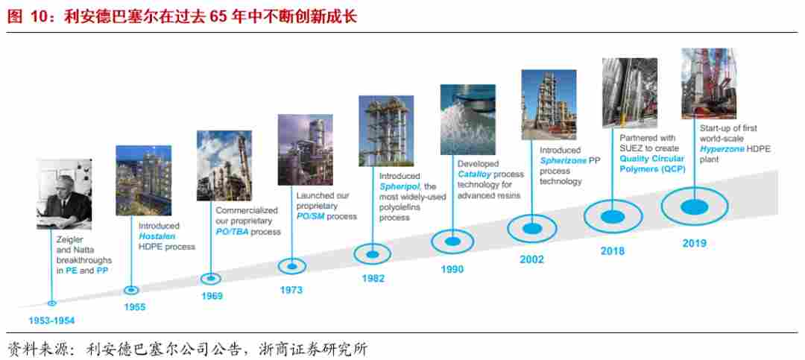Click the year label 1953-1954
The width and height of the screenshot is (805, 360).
[x=52, y=320]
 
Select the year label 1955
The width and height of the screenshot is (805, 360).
[x=135, y=306]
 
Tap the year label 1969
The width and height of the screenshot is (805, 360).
[x=212, y=296]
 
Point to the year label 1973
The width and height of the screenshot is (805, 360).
[x=291, y=290]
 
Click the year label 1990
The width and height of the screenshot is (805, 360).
[x=452, y=269]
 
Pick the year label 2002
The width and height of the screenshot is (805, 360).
[x=531, y=259]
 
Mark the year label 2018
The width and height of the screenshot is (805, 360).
[x=613, y=251]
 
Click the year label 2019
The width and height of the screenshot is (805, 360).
[x=694, y=243]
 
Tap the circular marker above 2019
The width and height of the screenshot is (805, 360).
[x=694, y=206]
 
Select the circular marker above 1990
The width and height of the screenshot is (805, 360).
[x=452, y=241]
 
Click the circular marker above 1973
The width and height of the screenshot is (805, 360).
[x=292, y=265]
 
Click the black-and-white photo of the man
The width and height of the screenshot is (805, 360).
[x=64, y=194]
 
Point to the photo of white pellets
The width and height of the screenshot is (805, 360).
[x=467, y=119]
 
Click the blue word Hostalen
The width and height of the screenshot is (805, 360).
[x=157, y=236]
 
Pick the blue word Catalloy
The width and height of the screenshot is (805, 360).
[x=476, y=174]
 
